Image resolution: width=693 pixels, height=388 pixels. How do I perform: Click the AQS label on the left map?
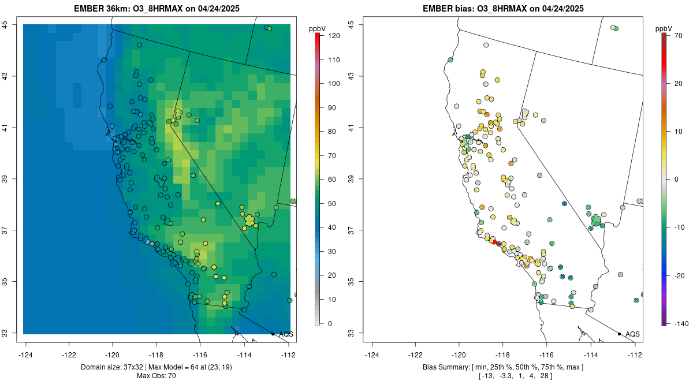click(x=286, y=334)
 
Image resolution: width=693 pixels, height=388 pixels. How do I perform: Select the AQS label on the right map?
click(x=632, y=334)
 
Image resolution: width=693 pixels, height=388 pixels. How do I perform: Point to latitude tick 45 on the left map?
click(x=12, y=24)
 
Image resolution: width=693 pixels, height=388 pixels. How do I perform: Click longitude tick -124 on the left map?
click(x=26, y=355)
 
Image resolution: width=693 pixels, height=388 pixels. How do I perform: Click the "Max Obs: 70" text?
click(x=156, y=376)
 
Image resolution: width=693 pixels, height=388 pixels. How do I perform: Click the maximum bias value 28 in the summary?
click(x=543, y=376)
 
